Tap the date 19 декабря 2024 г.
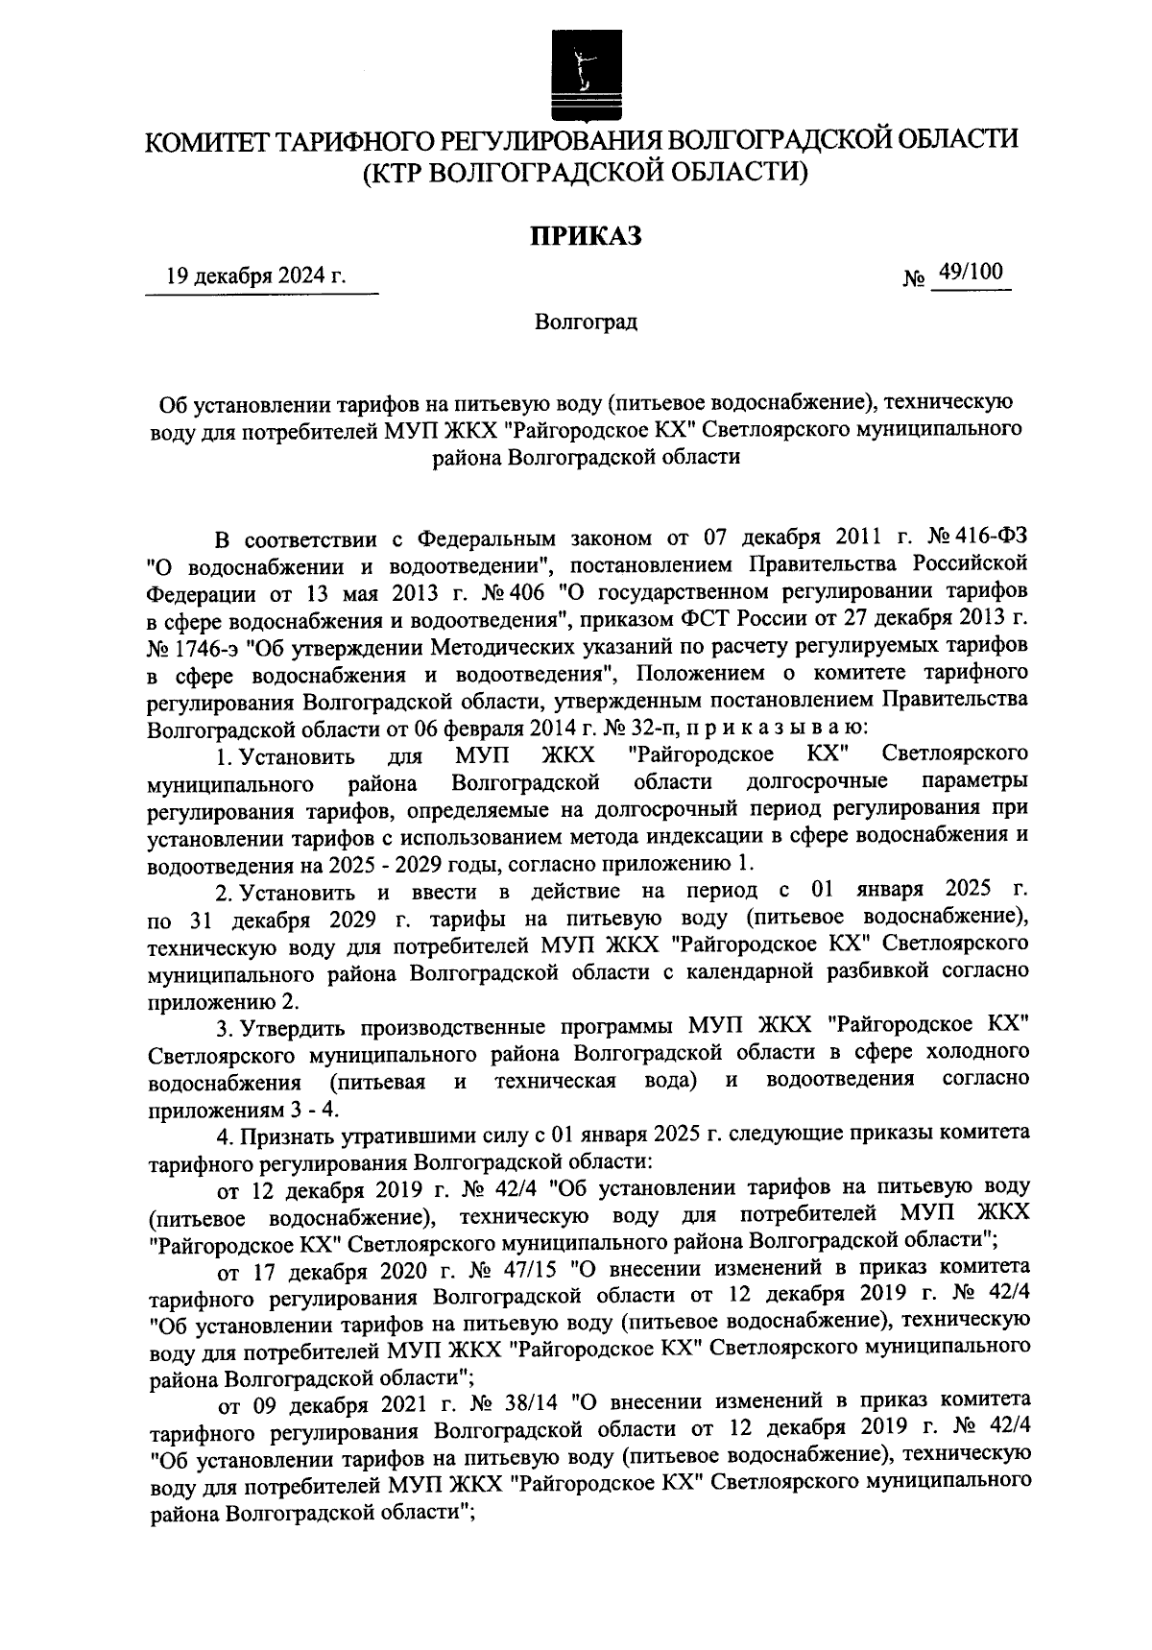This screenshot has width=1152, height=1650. pyautogui.click(x=255, y=277)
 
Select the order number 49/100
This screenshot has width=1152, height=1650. pyautogui.click(x=972, y=275)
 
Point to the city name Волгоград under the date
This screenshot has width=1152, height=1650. pyautogui.click(x=586, y=321)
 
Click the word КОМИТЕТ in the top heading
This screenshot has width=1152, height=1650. pyautogui.click(x=206, y=141)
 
